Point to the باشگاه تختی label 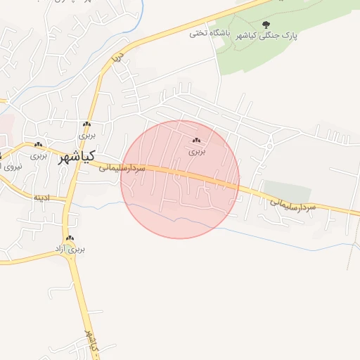pyautogui.click(x=207, y=33)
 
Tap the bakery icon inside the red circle pyautogui.click(x=198, y=141)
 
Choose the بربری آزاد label pyautogui.click(x=70, y=249)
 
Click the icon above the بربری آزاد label pyautogui.click(x=70, y=238)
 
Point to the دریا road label pyautogui.click(x=120, y=56)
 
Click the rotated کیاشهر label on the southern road pyautogui.click(x=91, y=342)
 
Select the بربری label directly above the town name pyautogui.click(x=86, y=134)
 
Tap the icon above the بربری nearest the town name pyautogui.click(x=86, y=124)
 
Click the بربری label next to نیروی pyautogui.click(x=39, y=155)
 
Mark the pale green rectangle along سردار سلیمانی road pyautogui.click(x=288, y=191)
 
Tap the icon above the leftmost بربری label pyautogui.click(x=39, y=146)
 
